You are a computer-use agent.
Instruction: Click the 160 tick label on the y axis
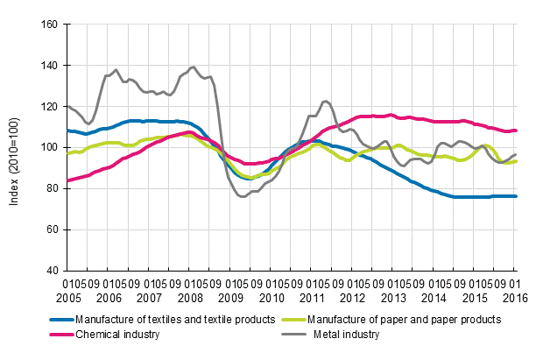point(49,25)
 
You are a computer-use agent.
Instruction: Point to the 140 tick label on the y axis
point(49,66)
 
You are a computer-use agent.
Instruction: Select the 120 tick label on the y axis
point(49,106)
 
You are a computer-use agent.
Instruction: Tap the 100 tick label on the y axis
point(49,147)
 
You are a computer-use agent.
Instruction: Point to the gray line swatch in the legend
point(293,334)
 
